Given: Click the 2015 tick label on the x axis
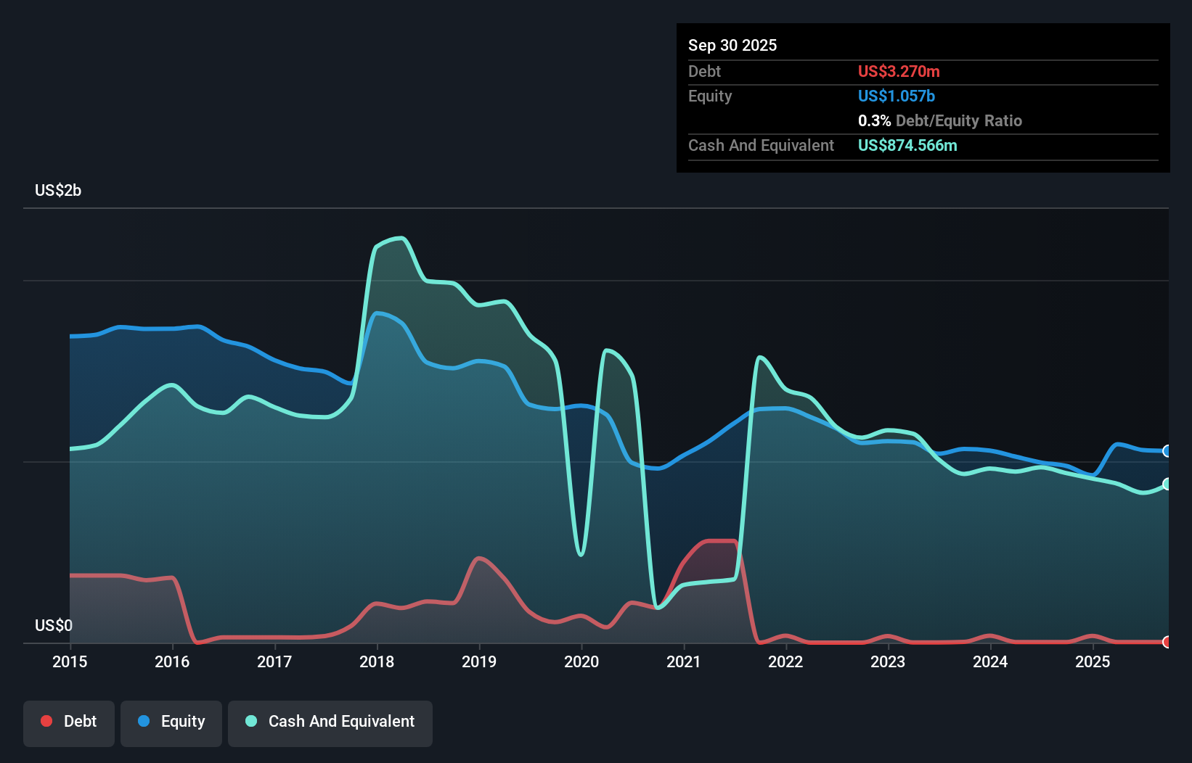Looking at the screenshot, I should pyautogui.click(x=70, y=661).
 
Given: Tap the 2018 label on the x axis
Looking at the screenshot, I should pyautogui.click(x=377, y=661).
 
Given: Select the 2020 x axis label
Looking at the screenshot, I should pyautogui.click(x=581, y=661).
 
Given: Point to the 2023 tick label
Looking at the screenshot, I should pyautogui.click(x=888, y=661).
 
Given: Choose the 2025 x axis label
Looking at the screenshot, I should pyautogui.click(x=1093, y=661).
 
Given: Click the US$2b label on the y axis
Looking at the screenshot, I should pyautogui.click(x=58, y=191).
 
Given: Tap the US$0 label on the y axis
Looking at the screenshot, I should pyautogui.click(x=54, y=625).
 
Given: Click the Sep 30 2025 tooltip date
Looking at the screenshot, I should pyautogui.click(x=732, y=45).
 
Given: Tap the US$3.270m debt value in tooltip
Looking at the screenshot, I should pyautogui.click(x=899, y=71).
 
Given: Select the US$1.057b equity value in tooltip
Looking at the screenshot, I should pyautogui.click(x=897, y=96).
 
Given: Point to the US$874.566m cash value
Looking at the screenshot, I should pyautogui.click(x=907, y=145).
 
